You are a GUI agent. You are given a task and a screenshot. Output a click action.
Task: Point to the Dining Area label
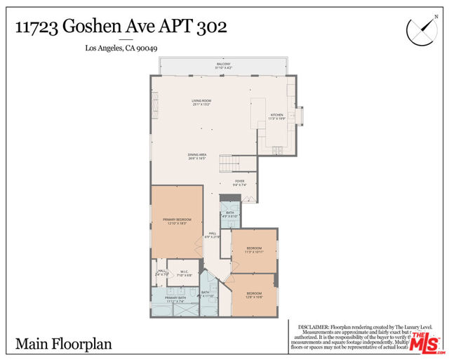pyautogui.click(x=196, y=156)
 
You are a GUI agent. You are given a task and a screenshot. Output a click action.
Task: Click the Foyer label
pyautogui.click(x=239, y=182)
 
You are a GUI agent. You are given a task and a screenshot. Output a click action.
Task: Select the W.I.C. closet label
pyautogui.click(x=183, y=274)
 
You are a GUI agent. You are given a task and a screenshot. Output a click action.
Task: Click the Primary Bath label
pyautogui.click(x=175, y=299)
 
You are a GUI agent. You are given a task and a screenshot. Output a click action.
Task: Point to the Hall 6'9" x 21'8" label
pyautogui.click(x=212, y=235)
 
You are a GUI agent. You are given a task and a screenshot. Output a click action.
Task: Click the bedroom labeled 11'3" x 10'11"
pyautogui.click(x=254, y=249)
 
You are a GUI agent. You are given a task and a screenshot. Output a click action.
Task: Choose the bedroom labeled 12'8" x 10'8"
pyautogui.click(x=253, y=295)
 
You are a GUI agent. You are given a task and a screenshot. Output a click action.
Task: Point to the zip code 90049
pyautogui.click(x=148, y=48)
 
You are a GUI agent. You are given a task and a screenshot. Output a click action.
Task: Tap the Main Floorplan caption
pyautogui.click(x=63, y=345)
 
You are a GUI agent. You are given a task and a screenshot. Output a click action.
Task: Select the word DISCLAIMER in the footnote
pyautogui.click(x=316, y=327)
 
